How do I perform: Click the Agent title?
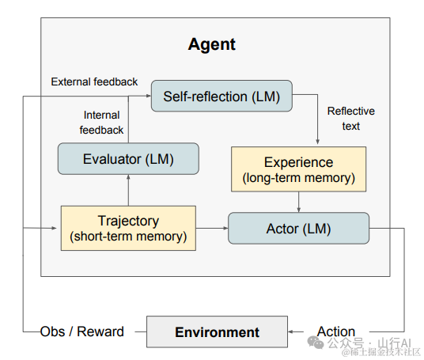pos(212,44)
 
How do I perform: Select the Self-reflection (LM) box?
pos(221,96)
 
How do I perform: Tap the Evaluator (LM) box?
pos(128,159)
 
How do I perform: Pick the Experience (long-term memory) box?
pos(298,169)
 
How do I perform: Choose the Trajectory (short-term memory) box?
pos(128,229)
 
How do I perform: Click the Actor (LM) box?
pos(298,229)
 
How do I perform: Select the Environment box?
pos(217,332)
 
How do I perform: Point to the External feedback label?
pos(94,81)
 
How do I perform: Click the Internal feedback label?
pos(101,123)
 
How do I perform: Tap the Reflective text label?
pos(351,119)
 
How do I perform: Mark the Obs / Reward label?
pos(82,332)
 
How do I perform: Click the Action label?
pos(336,332)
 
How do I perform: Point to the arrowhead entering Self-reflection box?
pos(149,96)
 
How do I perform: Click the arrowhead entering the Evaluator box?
pos(128,177)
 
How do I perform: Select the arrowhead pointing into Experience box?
pos(318,142)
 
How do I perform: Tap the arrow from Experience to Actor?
pos(298,202)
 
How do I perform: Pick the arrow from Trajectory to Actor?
pos(212,229)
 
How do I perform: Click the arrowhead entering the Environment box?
pos(290,332)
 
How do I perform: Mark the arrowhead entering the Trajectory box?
pos(54,229)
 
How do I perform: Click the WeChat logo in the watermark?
pos(316,343)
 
